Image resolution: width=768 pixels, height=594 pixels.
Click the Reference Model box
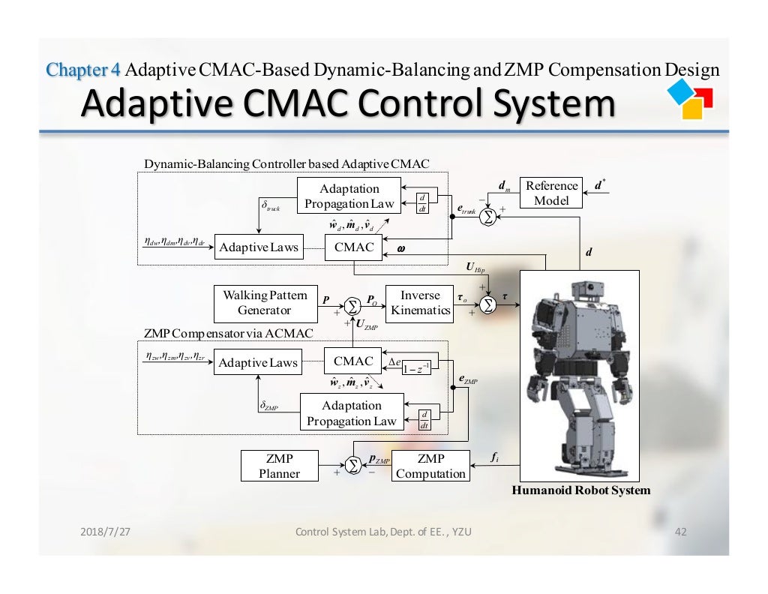(552, 193)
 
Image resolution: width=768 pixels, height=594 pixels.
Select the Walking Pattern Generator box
(254, 302)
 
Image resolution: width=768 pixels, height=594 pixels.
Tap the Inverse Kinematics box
(420, 302)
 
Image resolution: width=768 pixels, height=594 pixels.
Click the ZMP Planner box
(278, 466)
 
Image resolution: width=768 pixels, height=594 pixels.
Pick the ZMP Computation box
(430, 466)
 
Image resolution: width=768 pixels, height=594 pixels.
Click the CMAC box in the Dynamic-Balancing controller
(353, 247)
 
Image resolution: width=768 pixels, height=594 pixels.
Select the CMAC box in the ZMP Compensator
(353, 361)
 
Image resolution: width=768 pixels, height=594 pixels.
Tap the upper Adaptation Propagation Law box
(349, 196)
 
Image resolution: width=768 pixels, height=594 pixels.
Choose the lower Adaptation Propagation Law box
(351, 413)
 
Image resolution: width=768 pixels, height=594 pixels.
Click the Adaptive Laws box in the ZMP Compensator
(258, 364)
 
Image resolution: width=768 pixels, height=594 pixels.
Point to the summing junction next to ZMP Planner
(352, 466)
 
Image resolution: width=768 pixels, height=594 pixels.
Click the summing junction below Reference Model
(488, 216)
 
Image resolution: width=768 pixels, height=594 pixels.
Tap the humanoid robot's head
(586, 289)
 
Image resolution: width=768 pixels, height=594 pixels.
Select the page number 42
(681, 532)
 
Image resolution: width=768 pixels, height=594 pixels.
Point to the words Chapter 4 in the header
(83, 70)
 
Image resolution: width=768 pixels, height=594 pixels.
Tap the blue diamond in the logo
(683, 92)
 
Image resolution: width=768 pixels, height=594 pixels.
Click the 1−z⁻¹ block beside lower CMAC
(415, 367)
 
